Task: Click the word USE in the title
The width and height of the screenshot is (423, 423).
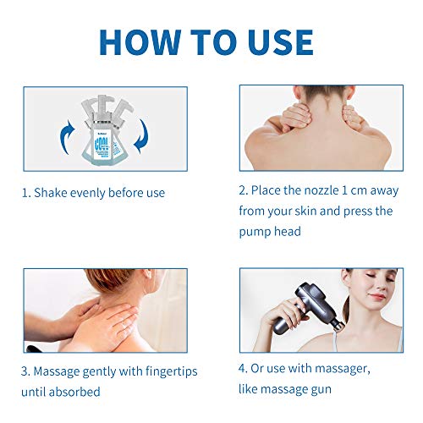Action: click(x=274, y=41)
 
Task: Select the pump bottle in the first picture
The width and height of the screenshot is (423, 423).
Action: click(x=105, y=127)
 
